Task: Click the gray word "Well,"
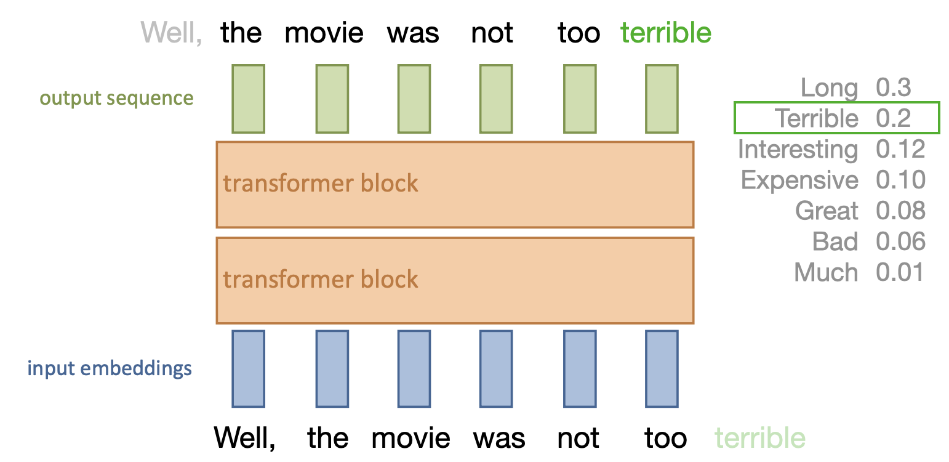coord(171,33)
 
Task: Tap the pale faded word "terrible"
coord(759,438)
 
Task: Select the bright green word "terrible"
coord(665,33)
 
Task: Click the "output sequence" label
coord(116,98)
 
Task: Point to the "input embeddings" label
coord(110,368)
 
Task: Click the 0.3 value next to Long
coord(893,88)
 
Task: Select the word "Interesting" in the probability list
coord(798,150)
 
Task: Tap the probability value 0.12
coord(900,150)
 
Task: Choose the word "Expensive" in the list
coord(799,180)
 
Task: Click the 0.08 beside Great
coord(900,211)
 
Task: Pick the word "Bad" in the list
coord(835,241)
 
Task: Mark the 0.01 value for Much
coord(900,272)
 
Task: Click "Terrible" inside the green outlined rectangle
coord(816,118)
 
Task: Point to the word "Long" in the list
coord(829,88)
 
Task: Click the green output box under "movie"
coord(332,99)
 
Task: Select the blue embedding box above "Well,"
coord(248,368)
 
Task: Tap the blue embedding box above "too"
coord(662,368)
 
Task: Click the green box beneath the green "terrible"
coord(662,99)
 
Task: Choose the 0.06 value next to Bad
coord(900,241)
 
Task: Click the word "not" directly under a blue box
coord(578,438)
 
